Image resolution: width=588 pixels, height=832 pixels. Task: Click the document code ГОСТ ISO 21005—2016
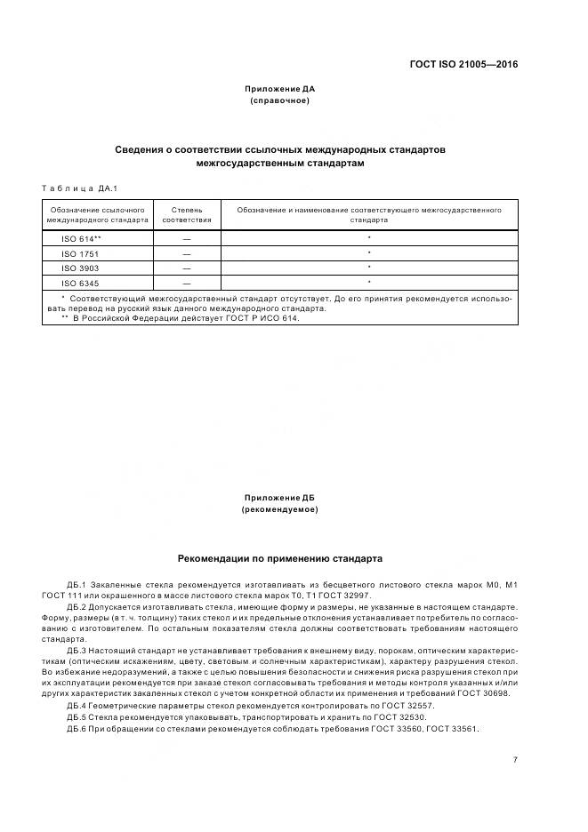pyautogui.click(x=463, y=64)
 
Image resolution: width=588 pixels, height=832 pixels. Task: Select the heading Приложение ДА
pyautogui.click(x=279, y=89)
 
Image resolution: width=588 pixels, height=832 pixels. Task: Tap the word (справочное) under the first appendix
pyautogui.click(x=279, y=100)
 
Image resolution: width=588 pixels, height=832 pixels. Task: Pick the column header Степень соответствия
pyautogui.click(x=187, y=214)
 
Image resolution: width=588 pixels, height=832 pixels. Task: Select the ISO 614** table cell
pyautogui.click(x=81, y=239)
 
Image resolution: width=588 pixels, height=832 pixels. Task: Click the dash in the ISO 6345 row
pyautogui.click(x=187, y=283)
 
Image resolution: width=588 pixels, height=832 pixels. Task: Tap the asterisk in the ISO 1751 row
pyautogui.click(x=368, y=253)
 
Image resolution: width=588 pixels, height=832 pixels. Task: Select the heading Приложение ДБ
pyautogui.click(x=279, y=498)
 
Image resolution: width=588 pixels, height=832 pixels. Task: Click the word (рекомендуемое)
pyautogui.click(x=279, y=509)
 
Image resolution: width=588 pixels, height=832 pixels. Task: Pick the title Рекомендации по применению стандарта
pyautogui.click(x=279, y=560)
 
